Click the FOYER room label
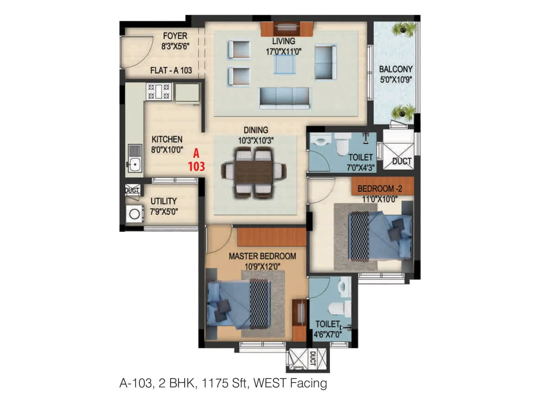(x=175, y=36)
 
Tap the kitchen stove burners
(x=159, y=91)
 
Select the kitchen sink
(x=135, y=165)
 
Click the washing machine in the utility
(x=134, y=214)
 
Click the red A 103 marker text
(x=196, y=160)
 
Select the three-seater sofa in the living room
(x=284, y=98)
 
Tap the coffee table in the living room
(x=284, y=64)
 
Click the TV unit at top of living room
(x=287, y=29)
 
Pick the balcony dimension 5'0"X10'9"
(x=396, y=80)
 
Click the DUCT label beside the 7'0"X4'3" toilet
(x=402, y=161)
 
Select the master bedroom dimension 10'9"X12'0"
(x=262, y=267)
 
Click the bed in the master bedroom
(x=239, y=304)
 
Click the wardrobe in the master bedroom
(x=272, y=237)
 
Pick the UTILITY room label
(x=163, y=201)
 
